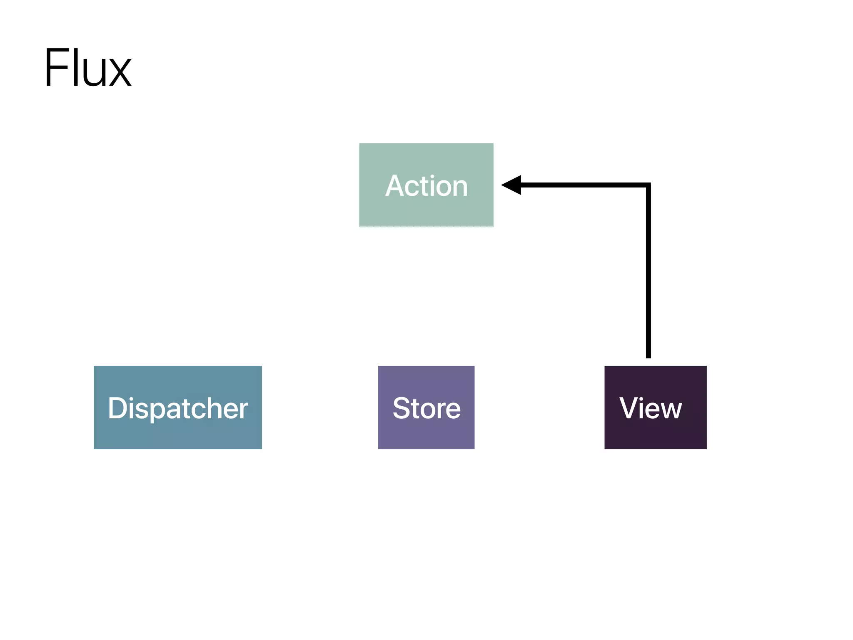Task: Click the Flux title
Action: [88, 67]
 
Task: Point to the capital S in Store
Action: [402, 408]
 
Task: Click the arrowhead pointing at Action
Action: [512, 185]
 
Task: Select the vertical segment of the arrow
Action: [648, 271]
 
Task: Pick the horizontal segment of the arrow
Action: [583, 185]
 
